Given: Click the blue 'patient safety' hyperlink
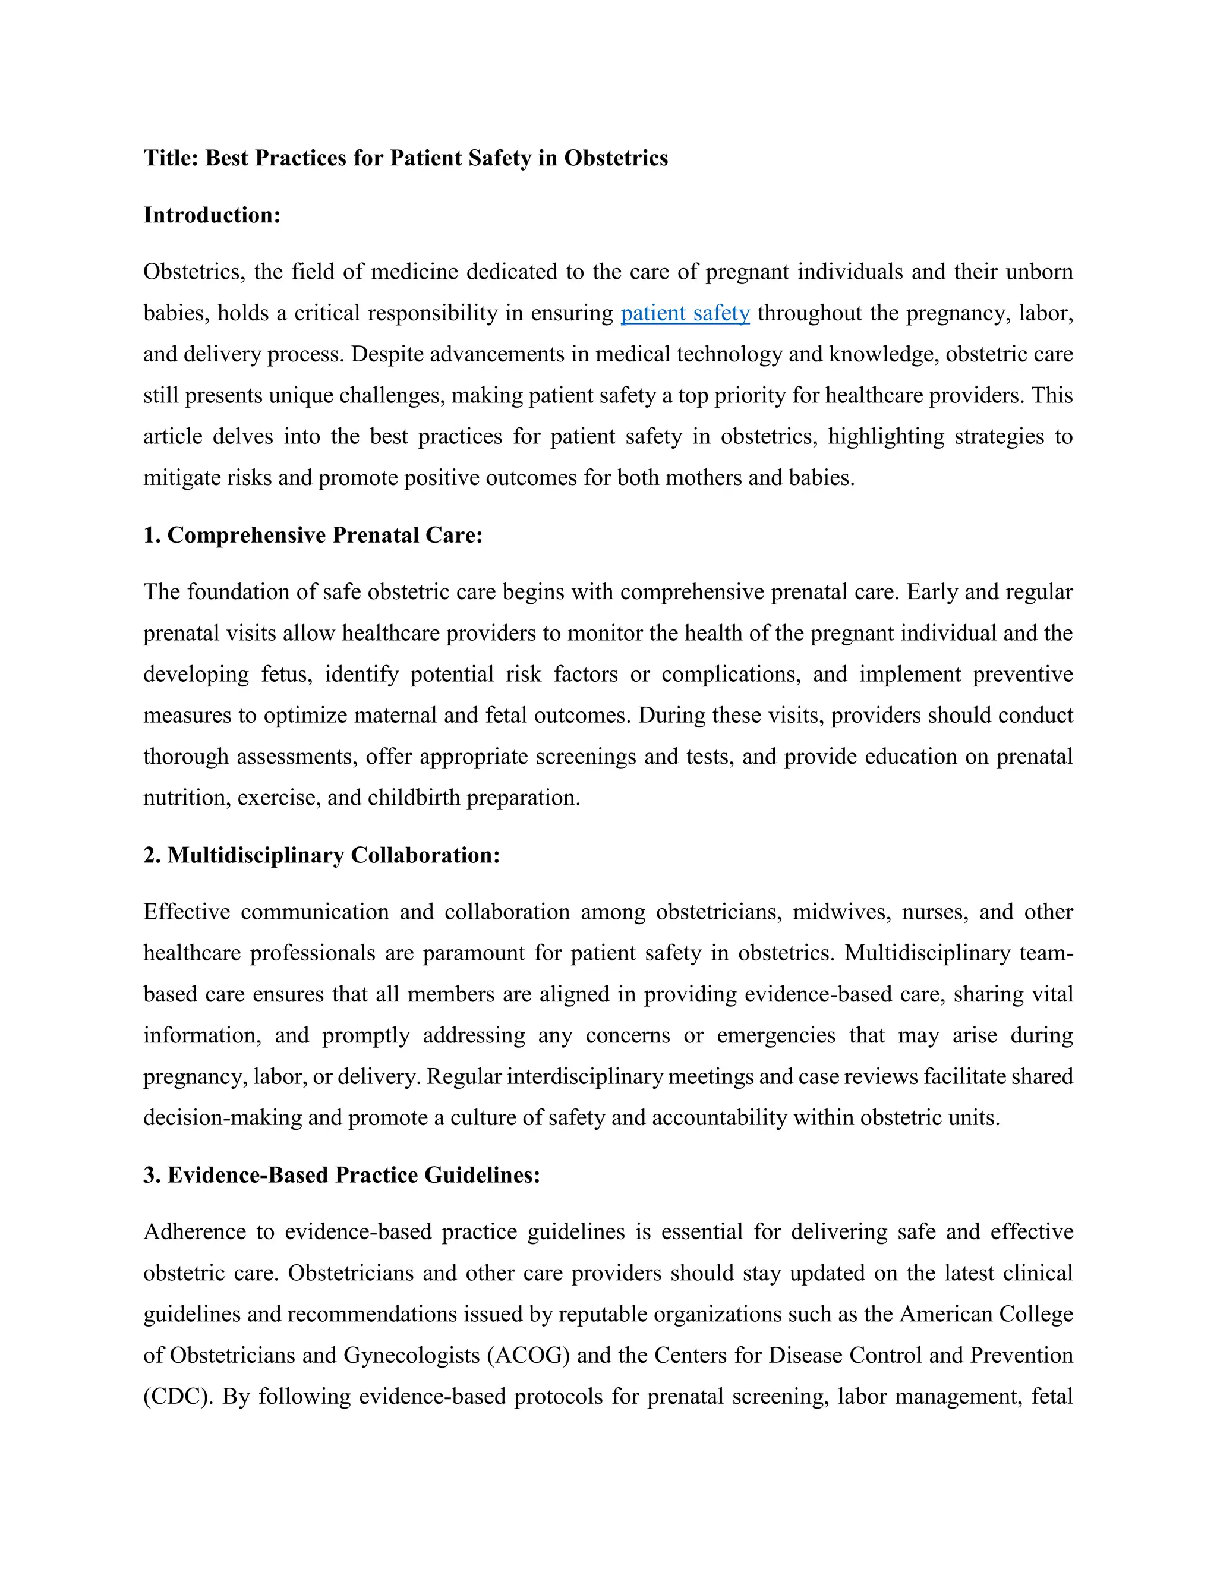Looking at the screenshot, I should point(685,314).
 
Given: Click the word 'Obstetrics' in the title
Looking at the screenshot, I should point(616,158).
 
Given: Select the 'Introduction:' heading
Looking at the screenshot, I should point(211,215).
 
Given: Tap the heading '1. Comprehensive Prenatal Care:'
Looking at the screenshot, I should point(313,535).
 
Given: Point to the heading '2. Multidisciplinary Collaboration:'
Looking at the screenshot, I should point(321,855).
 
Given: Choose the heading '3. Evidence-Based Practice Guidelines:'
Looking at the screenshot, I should point(342,1175).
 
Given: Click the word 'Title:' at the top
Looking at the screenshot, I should point(171,158).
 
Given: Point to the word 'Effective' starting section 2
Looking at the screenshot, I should point(186,912).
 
